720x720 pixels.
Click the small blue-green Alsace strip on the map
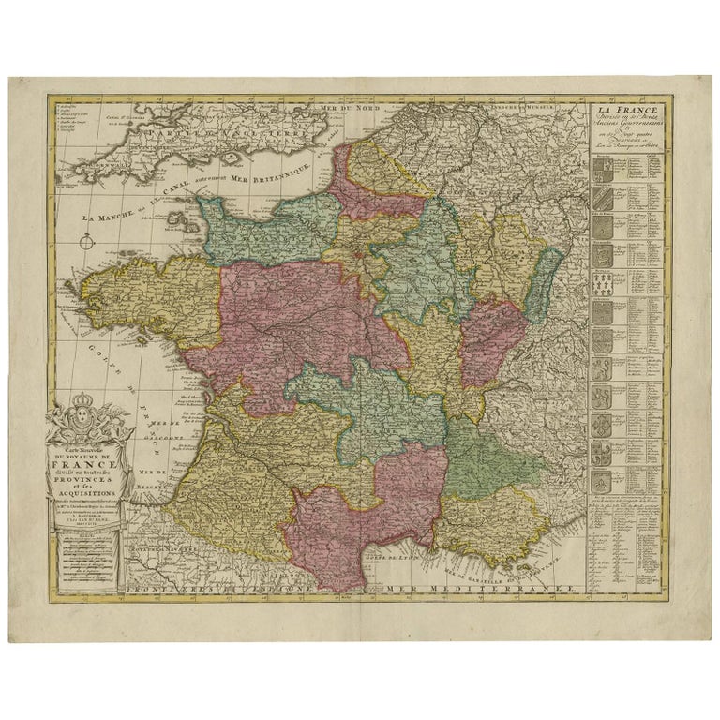(537, 281)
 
